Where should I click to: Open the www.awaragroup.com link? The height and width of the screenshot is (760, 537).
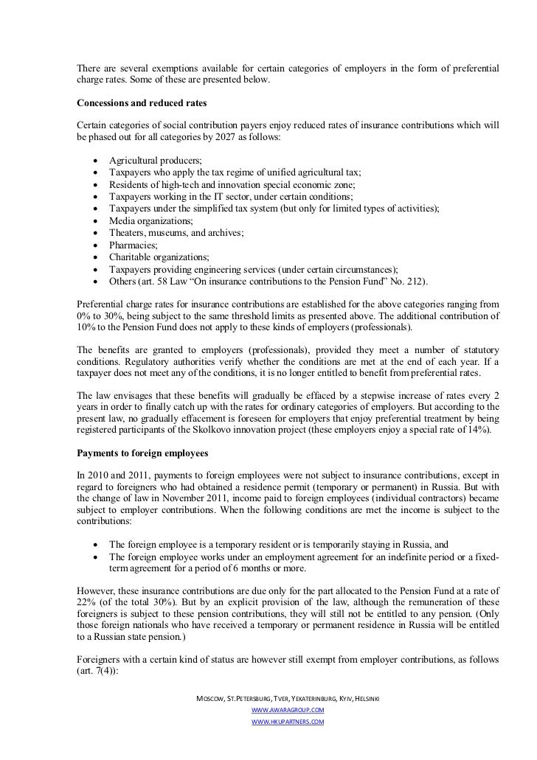click(288, 709)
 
